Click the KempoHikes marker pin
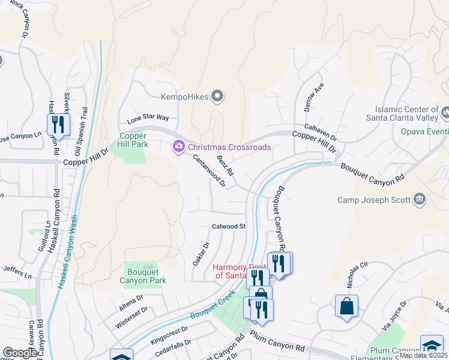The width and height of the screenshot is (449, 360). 218,96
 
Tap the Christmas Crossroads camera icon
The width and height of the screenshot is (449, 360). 178,147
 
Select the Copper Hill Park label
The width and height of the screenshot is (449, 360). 133,140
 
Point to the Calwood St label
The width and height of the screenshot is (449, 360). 229,226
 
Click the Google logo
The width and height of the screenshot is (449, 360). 20,353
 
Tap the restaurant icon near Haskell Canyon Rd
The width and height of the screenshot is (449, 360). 58,124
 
